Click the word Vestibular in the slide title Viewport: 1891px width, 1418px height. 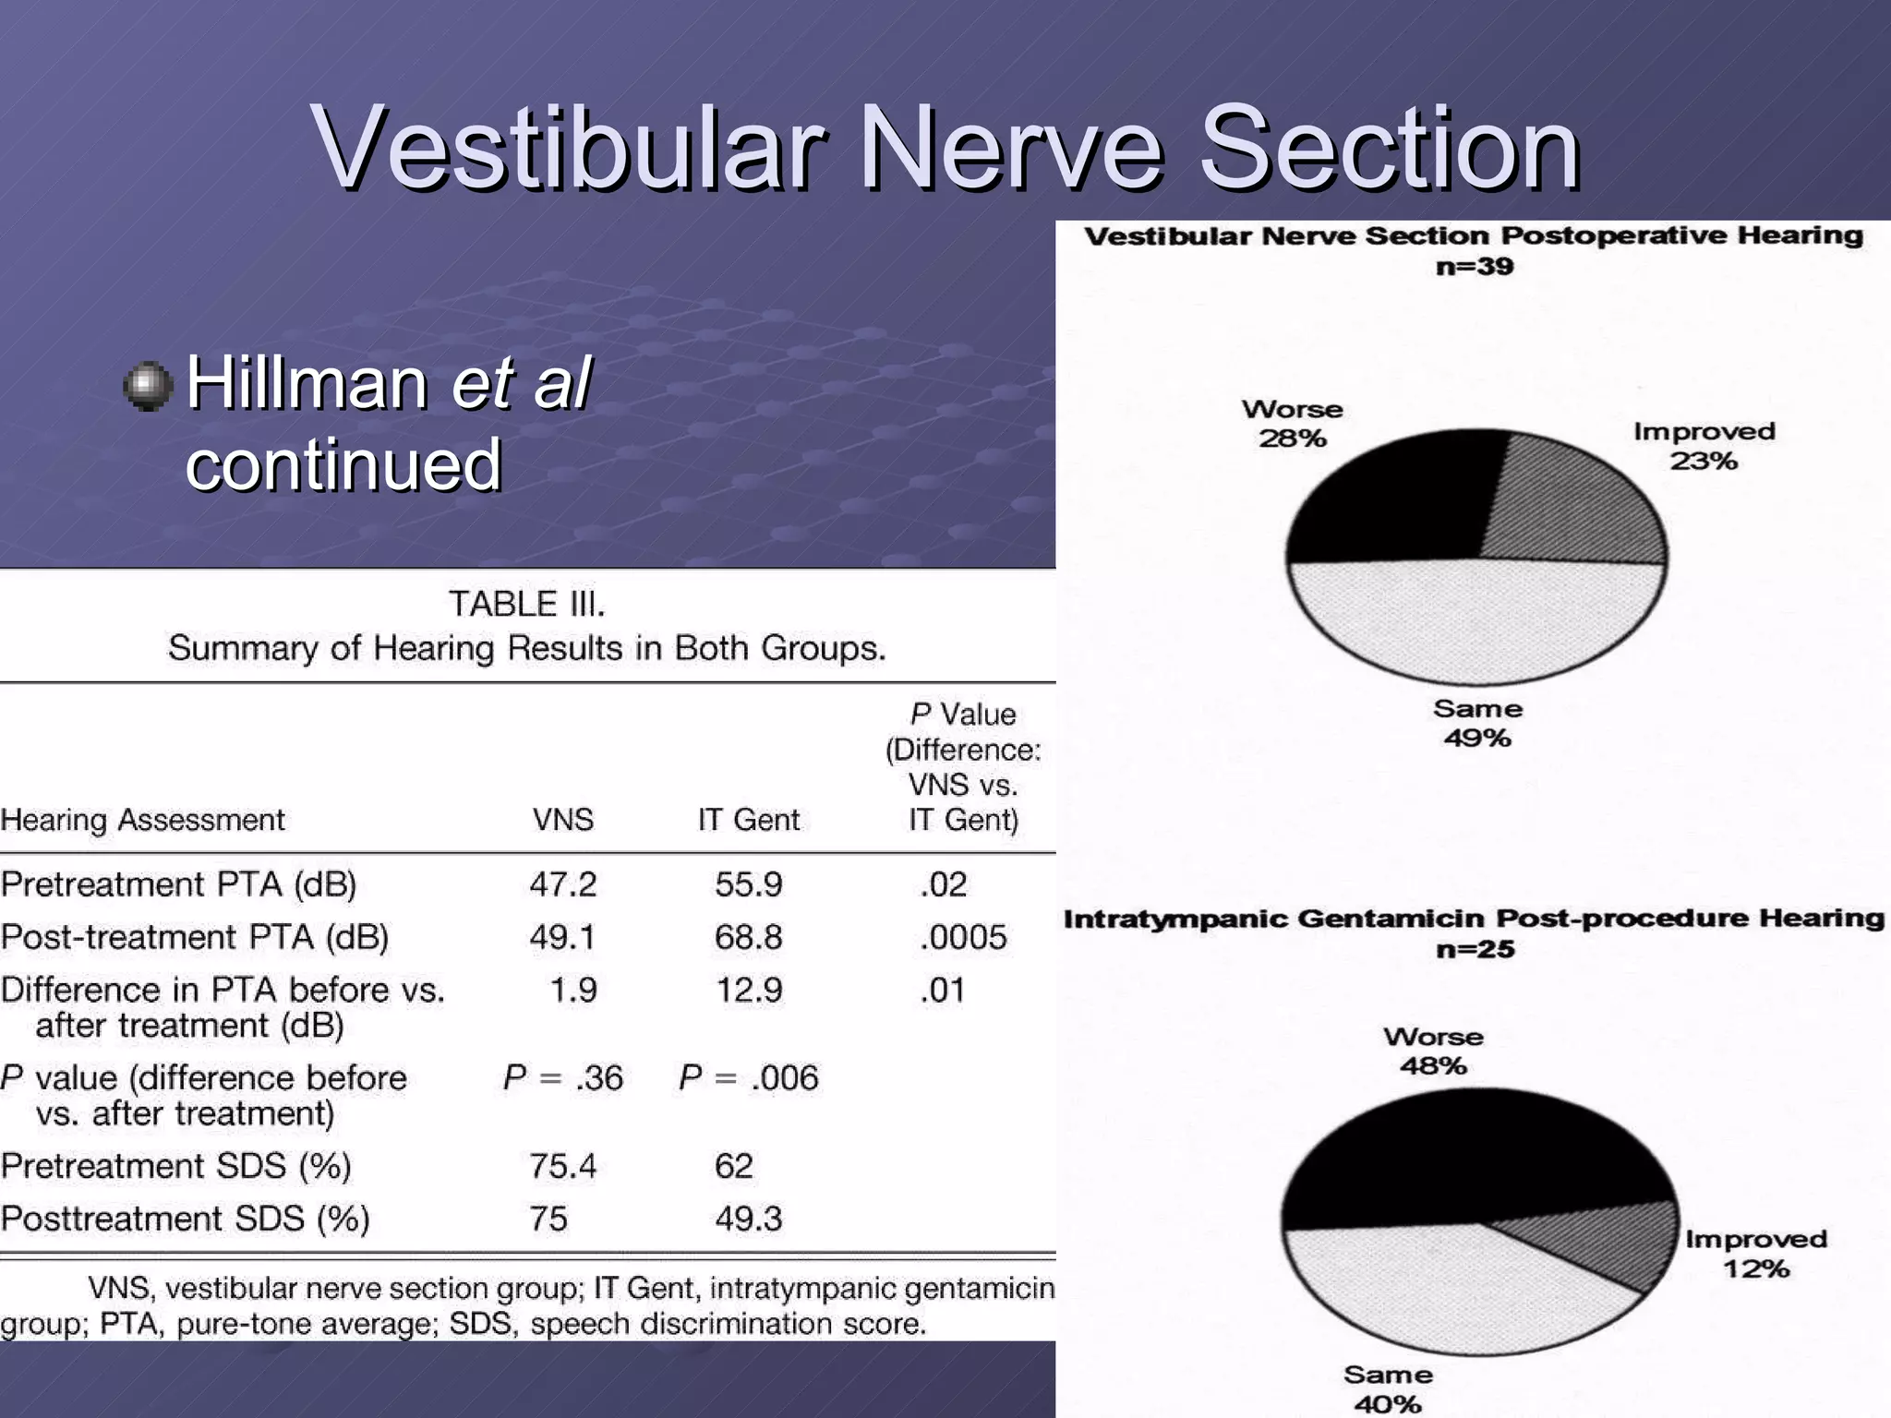(x=568, y=148)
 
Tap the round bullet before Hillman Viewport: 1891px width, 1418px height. (x=148, y=386)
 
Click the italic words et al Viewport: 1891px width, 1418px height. (x=522, y=382)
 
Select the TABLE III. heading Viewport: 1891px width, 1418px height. (x=527, y=604)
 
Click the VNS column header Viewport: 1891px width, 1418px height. (x=562, y=820)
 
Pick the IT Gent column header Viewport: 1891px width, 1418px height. (x=748, y=820)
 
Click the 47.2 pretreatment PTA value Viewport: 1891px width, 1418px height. (x=562, y=884)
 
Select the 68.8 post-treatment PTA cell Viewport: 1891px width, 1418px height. (x=748, y=937)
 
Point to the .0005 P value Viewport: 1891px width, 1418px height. (x=963, y=937)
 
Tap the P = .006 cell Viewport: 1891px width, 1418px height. (x=748, y=1077)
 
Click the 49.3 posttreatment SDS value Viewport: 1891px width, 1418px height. (x=748, y=1219)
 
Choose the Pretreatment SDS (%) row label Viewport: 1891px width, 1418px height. (x=175, y=1166)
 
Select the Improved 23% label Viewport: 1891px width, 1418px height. (x=1704, y=446)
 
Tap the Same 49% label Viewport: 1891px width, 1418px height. (x=1477, y=723)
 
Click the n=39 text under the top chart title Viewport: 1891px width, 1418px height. (x=1475, y=267)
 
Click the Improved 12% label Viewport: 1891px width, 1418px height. (x=1755, y=1253)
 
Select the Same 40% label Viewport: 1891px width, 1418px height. (x=1388, y=1388)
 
